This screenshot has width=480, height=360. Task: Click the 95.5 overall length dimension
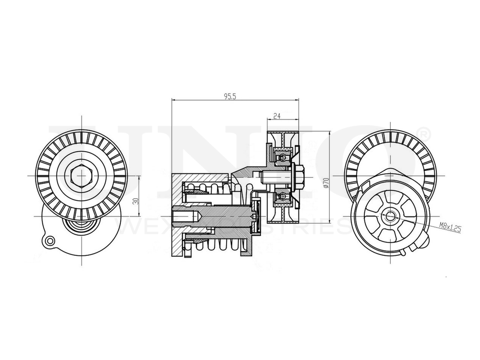pos(231,96)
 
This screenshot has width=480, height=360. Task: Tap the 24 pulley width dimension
pos(276,116)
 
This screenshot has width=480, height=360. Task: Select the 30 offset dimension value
pos(136,201)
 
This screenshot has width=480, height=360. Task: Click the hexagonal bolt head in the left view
pos(82,177)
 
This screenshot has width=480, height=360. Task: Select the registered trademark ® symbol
pos(424,132)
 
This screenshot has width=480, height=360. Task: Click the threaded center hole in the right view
pos(390,216)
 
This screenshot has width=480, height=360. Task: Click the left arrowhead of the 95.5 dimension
pos(173,100)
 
